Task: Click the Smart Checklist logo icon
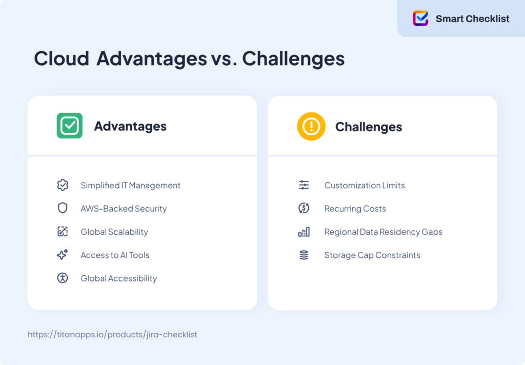click(420, 18)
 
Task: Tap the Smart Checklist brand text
click(472, 19)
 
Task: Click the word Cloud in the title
click(62, 59)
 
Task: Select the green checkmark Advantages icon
click(69, 126)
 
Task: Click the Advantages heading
click(130, 126)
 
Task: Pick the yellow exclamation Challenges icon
click(311, 126)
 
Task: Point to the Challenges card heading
click(369, 127)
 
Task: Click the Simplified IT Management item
click(130, 185)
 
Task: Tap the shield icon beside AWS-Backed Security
click(63, 208)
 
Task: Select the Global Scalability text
click(114, 232)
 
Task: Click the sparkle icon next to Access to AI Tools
click(63, 255)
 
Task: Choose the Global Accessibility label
click(119, 278)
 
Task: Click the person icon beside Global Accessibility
click(63, 278)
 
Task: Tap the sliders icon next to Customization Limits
click(304, 185)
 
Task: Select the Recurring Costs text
click(355, 209)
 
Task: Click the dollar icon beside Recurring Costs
click(304, 208)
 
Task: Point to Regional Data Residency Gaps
click(383, 232)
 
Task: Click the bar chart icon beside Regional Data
click(304, 232)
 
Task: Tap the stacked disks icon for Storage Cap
click(304, 255)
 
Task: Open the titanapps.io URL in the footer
click(112, 334)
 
